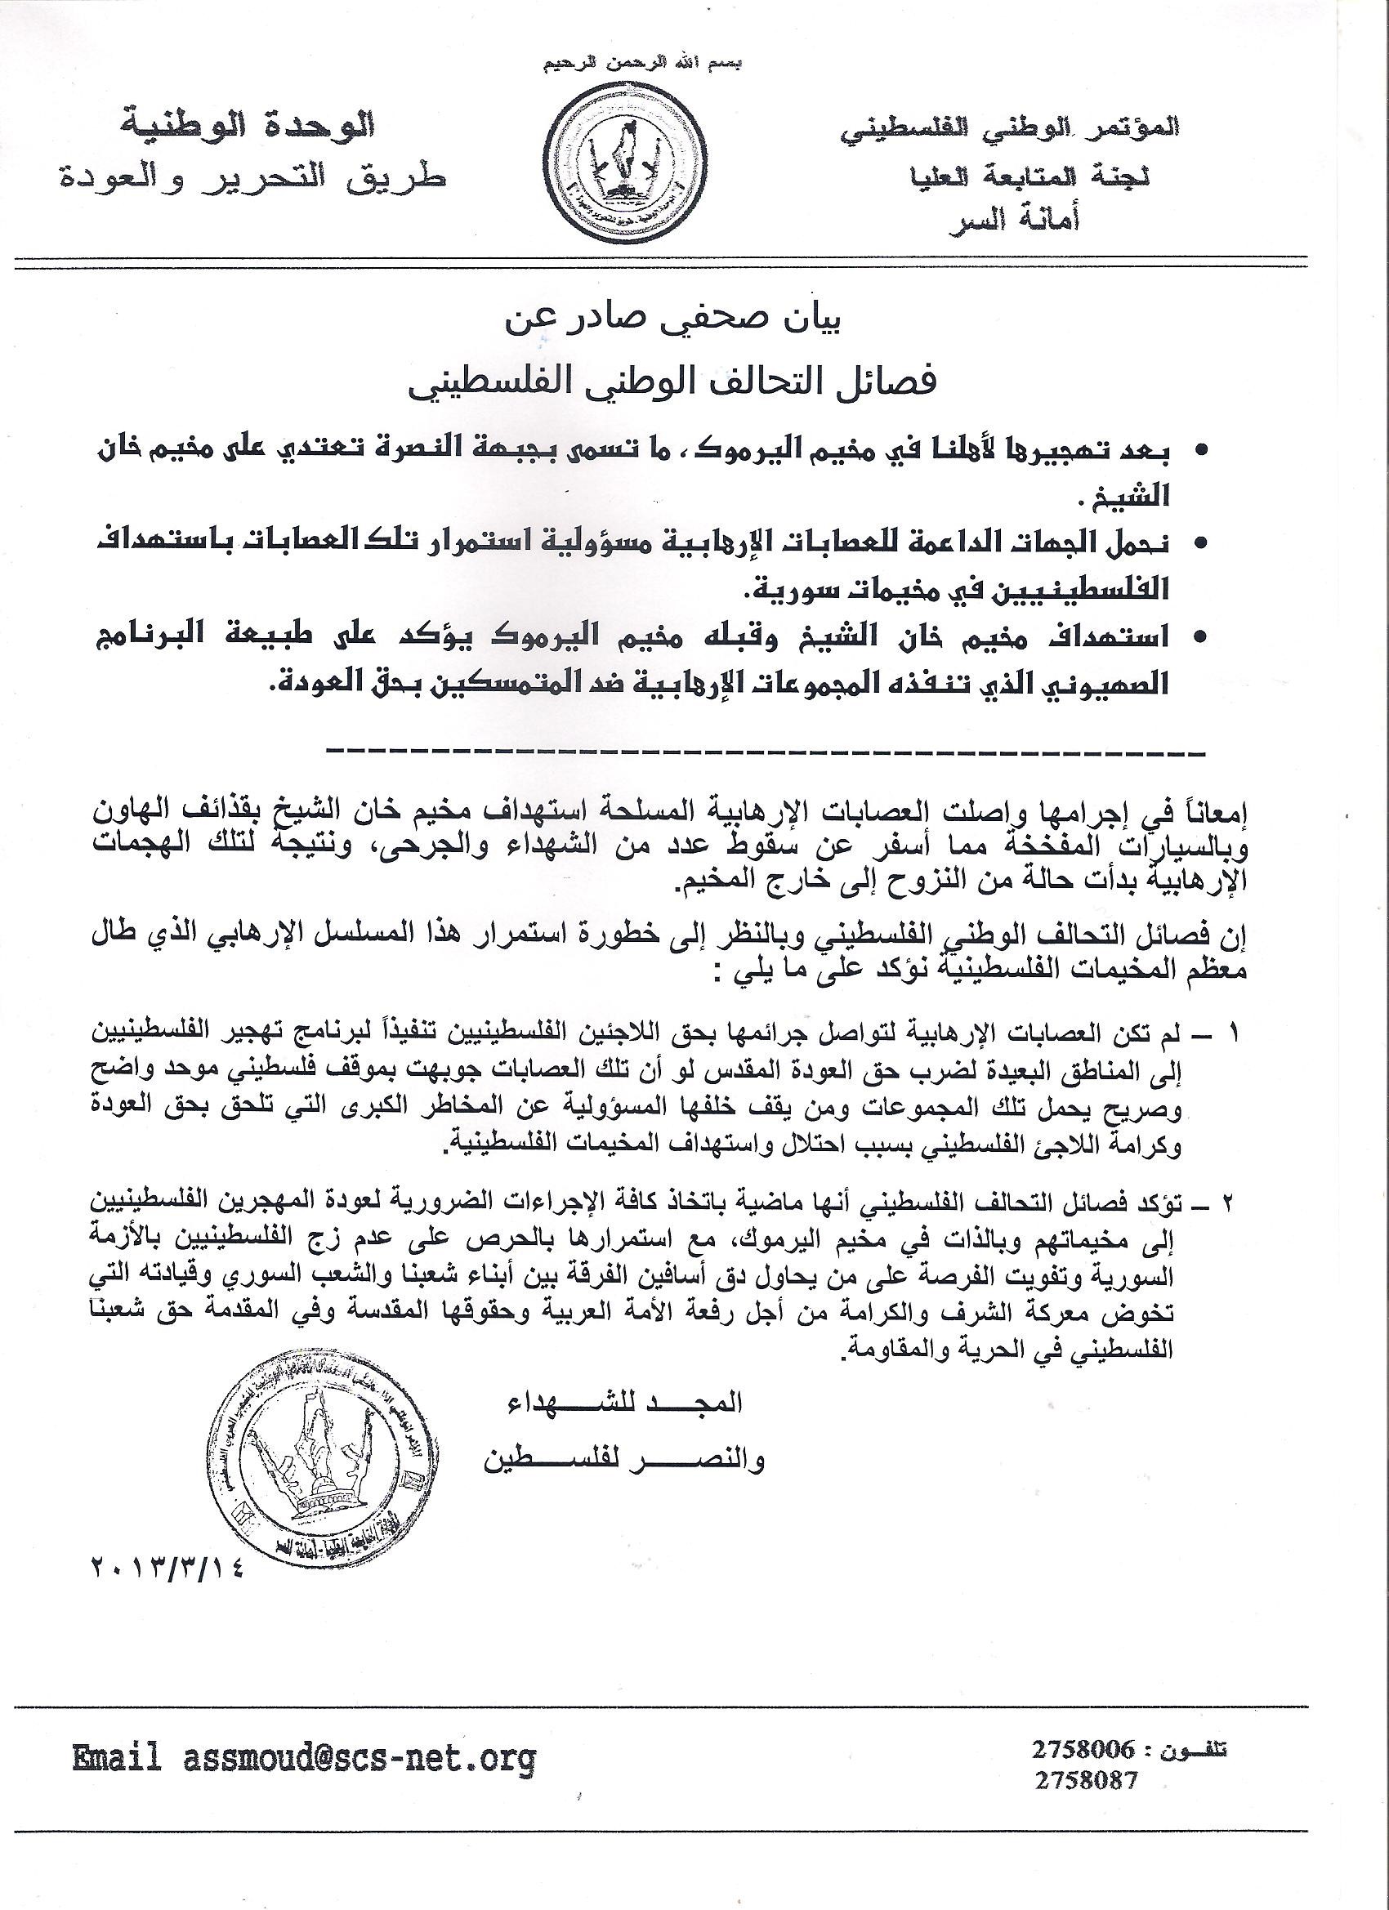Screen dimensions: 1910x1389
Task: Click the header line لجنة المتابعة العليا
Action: [x=1028, y=176]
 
